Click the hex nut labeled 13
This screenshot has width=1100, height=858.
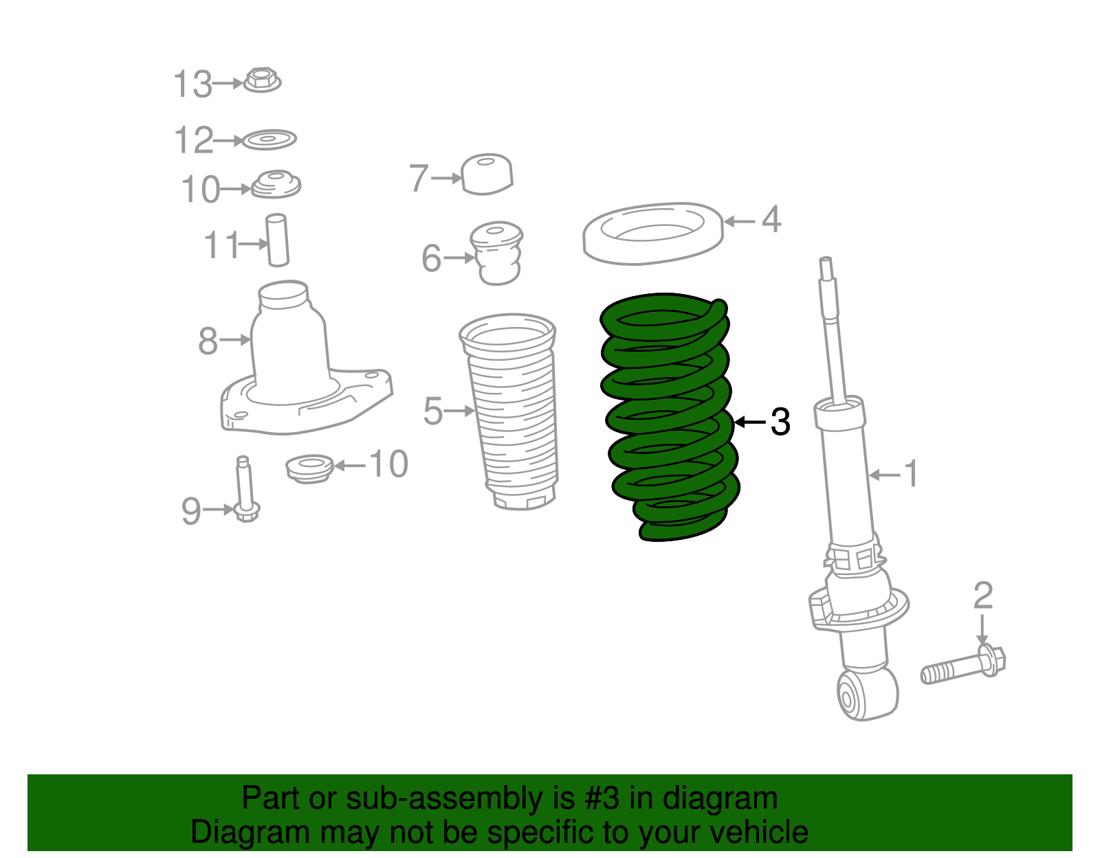(261, 80)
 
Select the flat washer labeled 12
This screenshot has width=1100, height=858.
(269, 140)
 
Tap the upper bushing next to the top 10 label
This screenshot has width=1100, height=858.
(276, 184)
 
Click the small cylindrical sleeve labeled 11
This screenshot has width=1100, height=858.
(277, 240)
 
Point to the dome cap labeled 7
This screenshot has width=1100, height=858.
(487, 174)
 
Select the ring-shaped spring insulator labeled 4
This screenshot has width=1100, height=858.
(652, 234)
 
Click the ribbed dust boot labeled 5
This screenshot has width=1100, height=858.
(513, 412)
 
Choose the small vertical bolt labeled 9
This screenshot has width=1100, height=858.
(245, 490)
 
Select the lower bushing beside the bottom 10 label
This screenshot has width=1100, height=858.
(309, 468)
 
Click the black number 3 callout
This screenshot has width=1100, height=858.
(780, 422)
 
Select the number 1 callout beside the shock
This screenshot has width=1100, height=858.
(910, 474)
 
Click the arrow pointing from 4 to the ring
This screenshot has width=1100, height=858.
(740, 221)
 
